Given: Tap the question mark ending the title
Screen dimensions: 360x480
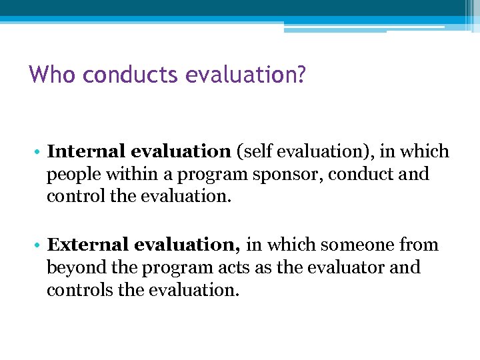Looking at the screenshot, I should (x=301, y=74).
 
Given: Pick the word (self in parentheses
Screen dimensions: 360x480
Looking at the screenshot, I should (x=256, y=151).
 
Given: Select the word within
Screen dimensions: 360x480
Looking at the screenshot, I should (x=129, y=174).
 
